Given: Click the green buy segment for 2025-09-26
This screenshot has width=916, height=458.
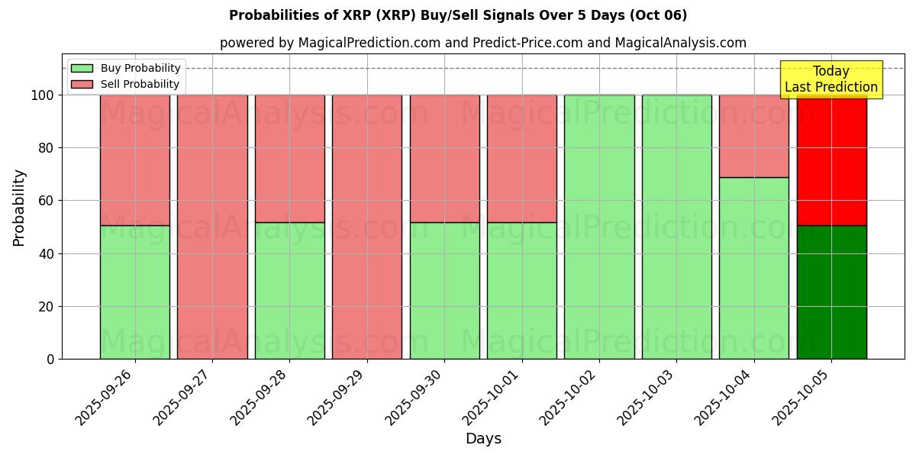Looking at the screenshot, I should point(134,292).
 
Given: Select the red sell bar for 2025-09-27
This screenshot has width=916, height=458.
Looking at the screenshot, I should point(212,227).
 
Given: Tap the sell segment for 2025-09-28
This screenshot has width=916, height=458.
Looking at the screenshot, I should point(289,158).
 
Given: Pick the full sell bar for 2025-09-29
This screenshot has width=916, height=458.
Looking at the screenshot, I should point(367,227).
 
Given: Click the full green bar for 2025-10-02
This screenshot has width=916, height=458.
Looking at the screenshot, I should point(599,227).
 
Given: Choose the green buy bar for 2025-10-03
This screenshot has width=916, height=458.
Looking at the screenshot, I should point(676,227).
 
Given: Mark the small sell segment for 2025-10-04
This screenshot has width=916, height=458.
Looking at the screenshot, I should point(754,136).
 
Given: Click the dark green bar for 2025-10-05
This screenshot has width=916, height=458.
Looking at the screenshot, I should point(831,292).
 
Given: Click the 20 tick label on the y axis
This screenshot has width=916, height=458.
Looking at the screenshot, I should point(45,307).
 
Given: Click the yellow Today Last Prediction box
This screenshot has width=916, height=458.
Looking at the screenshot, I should point(831,79).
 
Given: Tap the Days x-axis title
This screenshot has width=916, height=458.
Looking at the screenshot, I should point(483,439).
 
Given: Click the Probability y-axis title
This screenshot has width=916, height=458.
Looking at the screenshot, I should point(19,208).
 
